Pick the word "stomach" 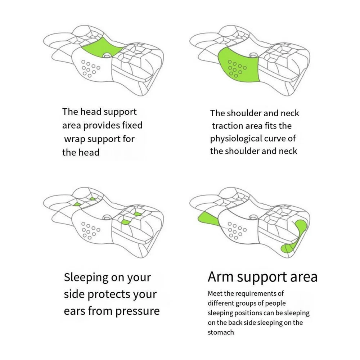pos(221,332)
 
